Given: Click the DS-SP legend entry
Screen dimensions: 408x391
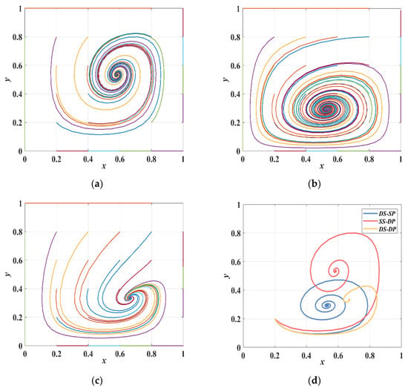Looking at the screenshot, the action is point(380,214).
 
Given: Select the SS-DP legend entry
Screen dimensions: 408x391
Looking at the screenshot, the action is point(380,221).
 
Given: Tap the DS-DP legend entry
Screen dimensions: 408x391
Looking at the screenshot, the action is point(380,229).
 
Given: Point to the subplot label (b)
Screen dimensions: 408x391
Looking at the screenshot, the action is point(315,184).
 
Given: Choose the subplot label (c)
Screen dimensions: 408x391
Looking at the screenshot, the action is point(98,381).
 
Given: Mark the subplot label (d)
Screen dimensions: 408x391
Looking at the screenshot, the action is point(315,381).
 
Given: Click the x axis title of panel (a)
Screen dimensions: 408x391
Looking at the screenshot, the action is point(104,166).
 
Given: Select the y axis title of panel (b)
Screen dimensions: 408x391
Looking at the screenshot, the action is point(226,79).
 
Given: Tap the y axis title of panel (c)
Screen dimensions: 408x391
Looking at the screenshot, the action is point(8,274).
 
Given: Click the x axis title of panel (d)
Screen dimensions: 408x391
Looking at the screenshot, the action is point(322,362).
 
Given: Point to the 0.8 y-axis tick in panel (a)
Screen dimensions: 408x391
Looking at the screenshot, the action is point(17,37).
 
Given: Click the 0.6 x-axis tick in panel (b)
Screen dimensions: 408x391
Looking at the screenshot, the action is point(338,159).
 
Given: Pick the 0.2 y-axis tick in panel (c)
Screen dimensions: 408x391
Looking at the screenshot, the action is point(17,318).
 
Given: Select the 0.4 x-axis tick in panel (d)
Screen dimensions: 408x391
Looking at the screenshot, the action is point(306,355).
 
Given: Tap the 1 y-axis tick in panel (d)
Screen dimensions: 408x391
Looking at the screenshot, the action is point(238,205).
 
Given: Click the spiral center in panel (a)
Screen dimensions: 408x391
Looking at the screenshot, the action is point(116,75).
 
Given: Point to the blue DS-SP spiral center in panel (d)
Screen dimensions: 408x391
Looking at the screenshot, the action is point(327,305).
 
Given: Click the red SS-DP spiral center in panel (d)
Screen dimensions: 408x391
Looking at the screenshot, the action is point(335,271).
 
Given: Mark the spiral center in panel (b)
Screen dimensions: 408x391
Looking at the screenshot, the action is point(327,108).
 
